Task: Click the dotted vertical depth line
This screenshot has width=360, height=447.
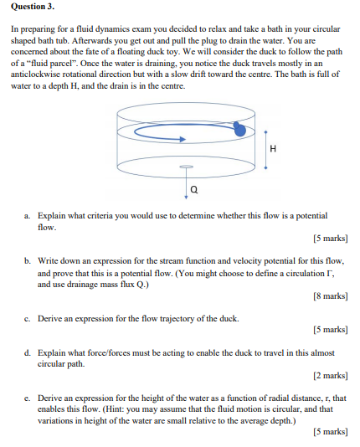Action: [x=265, y=148]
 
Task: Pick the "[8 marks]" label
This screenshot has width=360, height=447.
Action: [x=329, y=296]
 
